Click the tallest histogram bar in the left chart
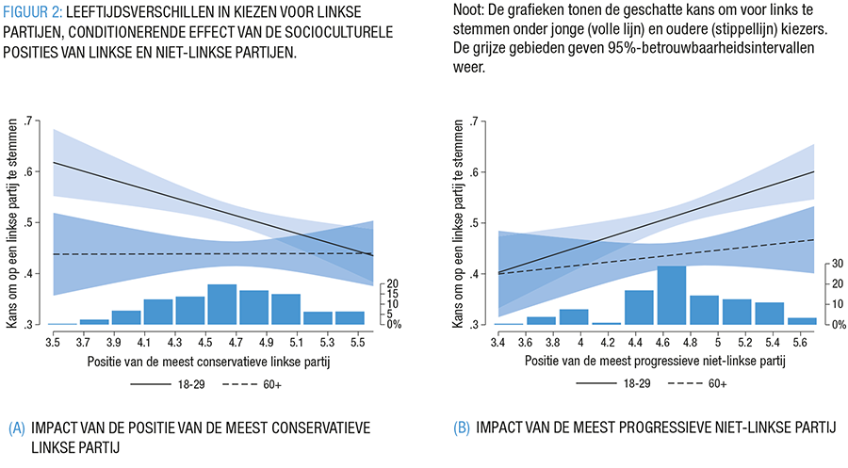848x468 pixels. tap(221, 304)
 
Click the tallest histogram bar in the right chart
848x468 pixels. tap(671, 296)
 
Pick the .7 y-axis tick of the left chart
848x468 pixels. tap(33, 121)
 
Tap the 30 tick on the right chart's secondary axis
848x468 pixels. tap(835, 266)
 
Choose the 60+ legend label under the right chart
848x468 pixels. tap(716, 385)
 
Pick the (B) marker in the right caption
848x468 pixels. tap(462, 428)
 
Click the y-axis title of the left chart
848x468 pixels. tap(12, 223)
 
